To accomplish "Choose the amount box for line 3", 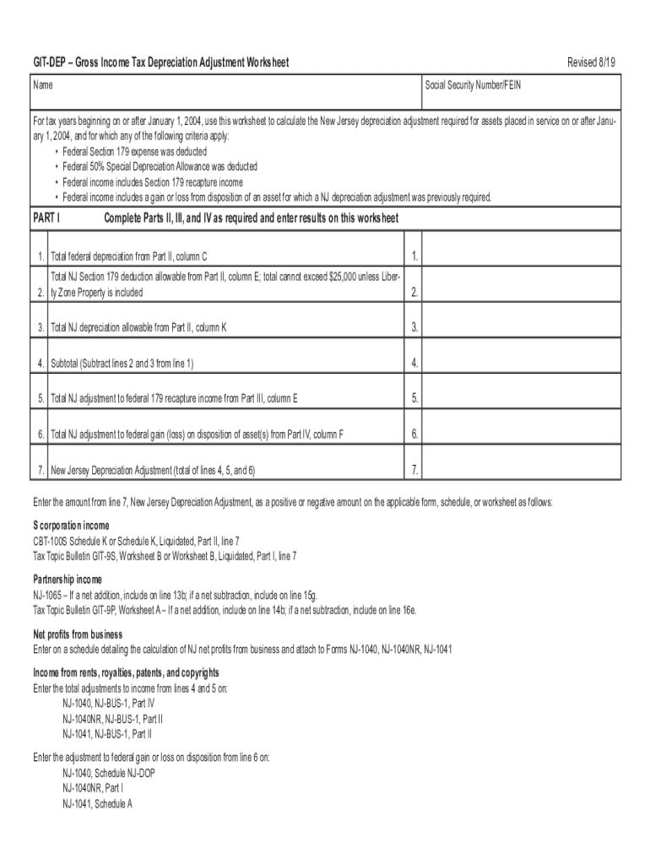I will tap(521, 327).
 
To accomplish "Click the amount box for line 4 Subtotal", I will tap(521, 363).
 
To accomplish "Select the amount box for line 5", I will tap(521, 398).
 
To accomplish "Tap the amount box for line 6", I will tap(521, 434).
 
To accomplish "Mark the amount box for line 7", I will tap(521, 469).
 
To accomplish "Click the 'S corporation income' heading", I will tap(71, 526).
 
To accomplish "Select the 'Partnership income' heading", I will tap(68, 580).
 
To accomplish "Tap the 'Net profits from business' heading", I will tap(78, 634).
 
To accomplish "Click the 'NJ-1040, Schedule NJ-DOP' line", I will tap(109, 773).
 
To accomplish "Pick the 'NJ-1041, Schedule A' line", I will tap(97, 803).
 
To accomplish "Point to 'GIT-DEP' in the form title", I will tap(46, 62).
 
